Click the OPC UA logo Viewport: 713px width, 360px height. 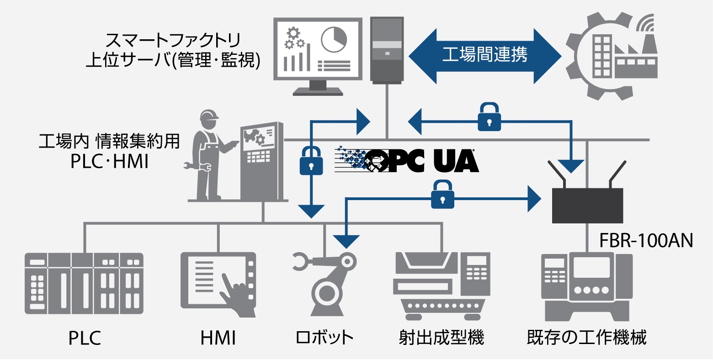pos(407,160)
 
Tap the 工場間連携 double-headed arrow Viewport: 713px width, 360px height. pos(484,56)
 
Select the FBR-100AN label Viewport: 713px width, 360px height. pos(646,240)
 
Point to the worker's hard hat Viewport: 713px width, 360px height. pos(209,116)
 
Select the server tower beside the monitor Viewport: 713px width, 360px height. pos(387,50)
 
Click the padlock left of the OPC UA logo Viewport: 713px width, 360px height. pos(311,160)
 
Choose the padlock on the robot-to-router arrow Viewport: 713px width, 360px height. pos(442,195)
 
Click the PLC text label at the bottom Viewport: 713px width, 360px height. pos(85,339)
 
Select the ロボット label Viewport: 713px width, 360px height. pos(325,338)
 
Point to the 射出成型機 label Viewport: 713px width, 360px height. pos(441,338)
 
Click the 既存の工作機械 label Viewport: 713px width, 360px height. pos(587,338)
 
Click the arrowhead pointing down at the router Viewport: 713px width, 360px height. pos(571,165)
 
